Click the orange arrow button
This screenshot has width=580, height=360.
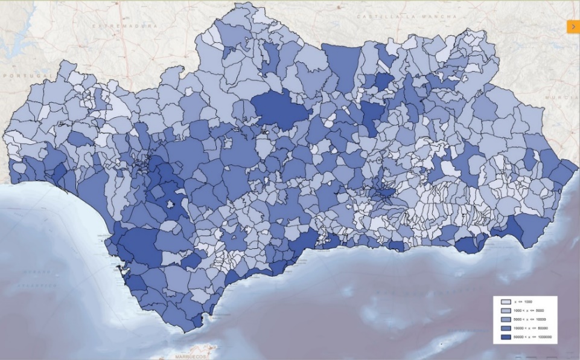(x=573, y=27)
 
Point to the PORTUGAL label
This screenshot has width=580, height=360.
(x=25, y=76)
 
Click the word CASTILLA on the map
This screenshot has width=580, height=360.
(x=377, y=16)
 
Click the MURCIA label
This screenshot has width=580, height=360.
(x=556, y=97)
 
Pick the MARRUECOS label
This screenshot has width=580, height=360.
(x=191, y=357)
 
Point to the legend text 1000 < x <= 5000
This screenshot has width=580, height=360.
(x=529, y=310)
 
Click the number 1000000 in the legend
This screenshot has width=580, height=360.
(x=544, y=336)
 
